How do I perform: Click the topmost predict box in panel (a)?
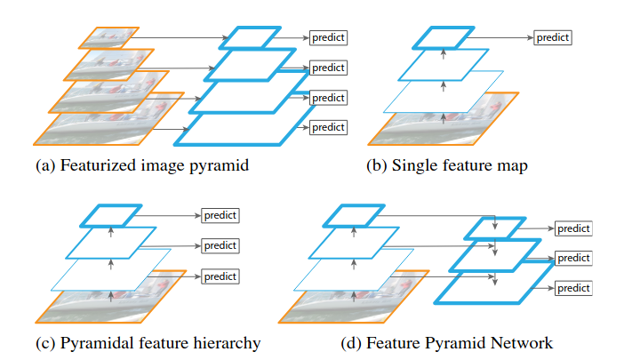(327, 38)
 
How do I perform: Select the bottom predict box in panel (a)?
(327, 127)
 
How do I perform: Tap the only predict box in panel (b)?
(552, 38)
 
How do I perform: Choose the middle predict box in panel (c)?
(220, 244)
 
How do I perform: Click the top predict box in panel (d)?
(573, 228)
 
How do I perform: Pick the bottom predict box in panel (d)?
(573, 288)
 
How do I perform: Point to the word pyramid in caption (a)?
(216, 166)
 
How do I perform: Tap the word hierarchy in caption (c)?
(226, 343)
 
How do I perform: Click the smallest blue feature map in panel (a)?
(244, 38)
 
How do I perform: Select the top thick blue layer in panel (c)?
(110, 215)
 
